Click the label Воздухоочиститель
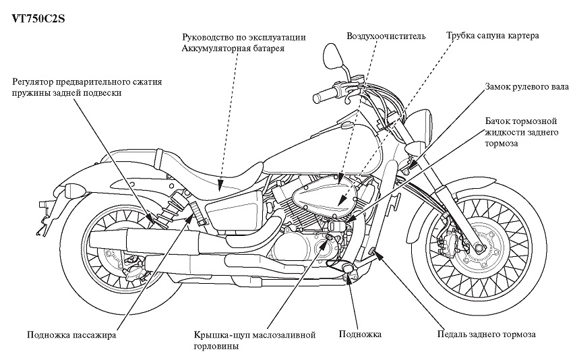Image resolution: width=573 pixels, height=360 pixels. [x=386, y=36]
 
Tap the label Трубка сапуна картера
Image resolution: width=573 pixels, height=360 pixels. [x=492, y=36]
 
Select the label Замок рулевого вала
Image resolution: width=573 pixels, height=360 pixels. [x=526, y=87]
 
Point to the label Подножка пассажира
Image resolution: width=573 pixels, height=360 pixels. [x=71, y=335]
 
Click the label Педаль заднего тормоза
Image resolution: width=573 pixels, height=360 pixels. [x=487, y=334]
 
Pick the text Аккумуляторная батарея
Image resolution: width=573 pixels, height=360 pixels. [x=233, y=49]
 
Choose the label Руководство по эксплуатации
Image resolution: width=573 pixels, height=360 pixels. [x=244, y=37]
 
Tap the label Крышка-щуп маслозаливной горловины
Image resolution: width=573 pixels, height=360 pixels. [x=255, y=340]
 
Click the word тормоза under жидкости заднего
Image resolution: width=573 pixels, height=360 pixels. [x=501, y=144]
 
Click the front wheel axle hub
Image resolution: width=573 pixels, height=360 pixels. [x=479, y=248]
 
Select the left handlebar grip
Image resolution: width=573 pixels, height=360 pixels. [x=324, y=94]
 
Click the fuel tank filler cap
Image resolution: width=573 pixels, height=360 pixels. [x=346, y=126]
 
